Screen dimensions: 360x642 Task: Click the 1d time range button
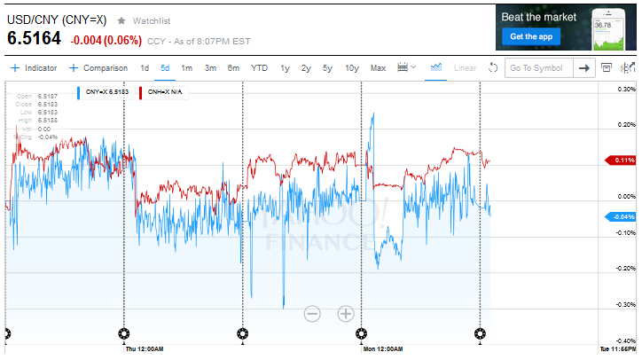145,68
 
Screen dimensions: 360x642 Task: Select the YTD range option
259,68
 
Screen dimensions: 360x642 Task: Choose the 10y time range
351,68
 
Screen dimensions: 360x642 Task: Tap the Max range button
378,68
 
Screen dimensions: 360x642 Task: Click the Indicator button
34,68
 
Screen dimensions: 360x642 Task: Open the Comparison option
98,68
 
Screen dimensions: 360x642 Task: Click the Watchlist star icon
121,20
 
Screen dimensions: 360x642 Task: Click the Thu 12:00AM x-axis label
141,349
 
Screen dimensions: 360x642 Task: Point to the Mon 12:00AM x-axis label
382,349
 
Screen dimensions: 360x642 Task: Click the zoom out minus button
312,313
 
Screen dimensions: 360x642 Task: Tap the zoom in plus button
346,313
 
